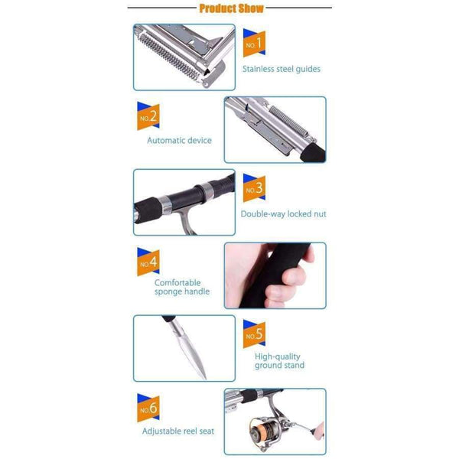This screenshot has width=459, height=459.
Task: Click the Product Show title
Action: pos(230,8)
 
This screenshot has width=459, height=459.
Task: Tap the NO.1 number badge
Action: pos(253,44)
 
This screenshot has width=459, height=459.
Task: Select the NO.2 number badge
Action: pos(148,116)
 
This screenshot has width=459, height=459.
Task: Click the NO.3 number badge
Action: pos(253,188)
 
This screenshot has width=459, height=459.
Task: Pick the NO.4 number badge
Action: pos(148,262)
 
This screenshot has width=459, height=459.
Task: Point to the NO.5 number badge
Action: pos(253,334)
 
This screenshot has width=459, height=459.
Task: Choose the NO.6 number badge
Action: pos(148,407)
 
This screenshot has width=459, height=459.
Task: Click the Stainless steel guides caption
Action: pos(282,69)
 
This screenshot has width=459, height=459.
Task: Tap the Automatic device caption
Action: pos(179,141)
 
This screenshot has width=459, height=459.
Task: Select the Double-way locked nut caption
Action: pos(283,214)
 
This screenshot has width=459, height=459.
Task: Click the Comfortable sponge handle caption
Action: pos(182,287)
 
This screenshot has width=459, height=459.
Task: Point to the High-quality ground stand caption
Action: pos(279,361)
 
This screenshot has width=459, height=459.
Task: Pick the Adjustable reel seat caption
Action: pos(178,431)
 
